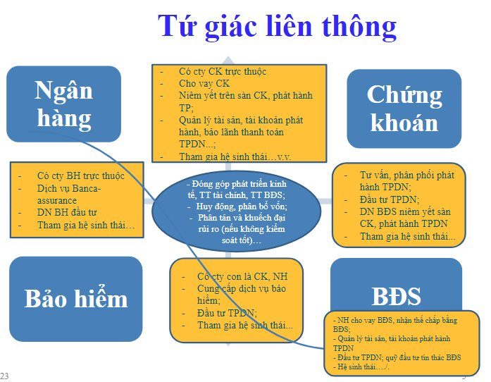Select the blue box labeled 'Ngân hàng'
64,104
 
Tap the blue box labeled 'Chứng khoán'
404,109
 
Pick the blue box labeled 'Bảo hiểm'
76,299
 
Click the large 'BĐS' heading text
396,296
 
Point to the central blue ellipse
237,211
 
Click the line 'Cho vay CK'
204,84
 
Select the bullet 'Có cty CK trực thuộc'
223,71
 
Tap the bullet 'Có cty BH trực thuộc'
80,175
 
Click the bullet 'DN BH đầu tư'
67,212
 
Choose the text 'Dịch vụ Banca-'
69,188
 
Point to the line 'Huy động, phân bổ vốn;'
242,207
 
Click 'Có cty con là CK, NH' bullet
242,276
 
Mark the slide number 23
4,376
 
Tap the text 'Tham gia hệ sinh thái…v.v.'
235,156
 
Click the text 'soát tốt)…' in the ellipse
241,240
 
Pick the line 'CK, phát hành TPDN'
404,223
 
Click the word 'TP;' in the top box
186,108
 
